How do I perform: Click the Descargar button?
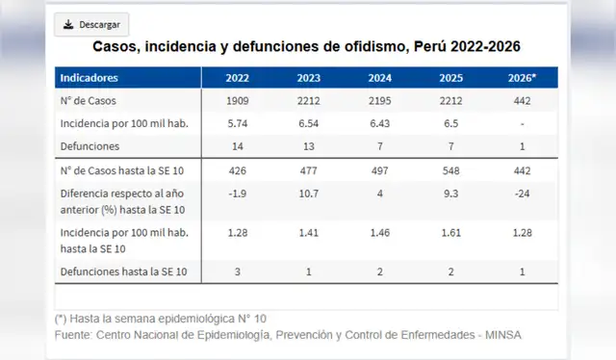[x=90, y=24]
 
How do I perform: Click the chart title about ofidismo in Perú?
[x=307, y=47]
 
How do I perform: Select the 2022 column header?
[x=239, y=77]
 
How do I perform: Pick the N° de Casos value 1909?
[x=239, y=101]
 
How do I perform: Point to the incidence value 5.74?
[x=239, y=124]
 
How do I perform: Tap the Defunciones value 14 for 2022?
[x=239, y=147]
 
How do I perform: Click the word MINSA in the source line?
[x=503, y=334]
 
